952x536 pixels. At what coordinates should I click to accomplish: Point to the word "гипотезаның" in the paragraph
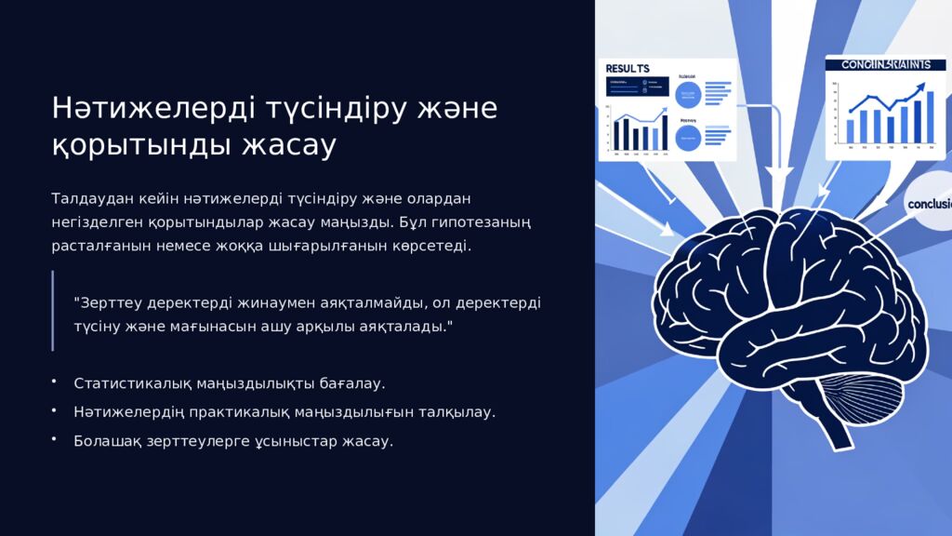pos(479,222)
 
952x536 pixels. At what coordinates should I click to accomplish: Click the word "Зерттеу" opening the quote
pos(111,303)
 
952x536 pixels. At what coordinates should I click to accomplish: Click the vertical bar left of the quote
pos(53,311)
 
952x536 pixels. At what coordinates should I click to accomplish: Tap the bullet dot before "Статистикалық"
pos(54,382)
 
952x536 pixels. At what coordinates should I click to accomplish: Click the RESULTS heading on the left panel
pos(628,68)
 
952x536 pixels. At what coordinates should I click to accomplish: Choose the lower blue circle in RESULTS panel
pos(688,139)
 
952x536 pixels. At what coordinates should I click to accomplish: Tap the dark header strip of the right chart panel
pos(878,64)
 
